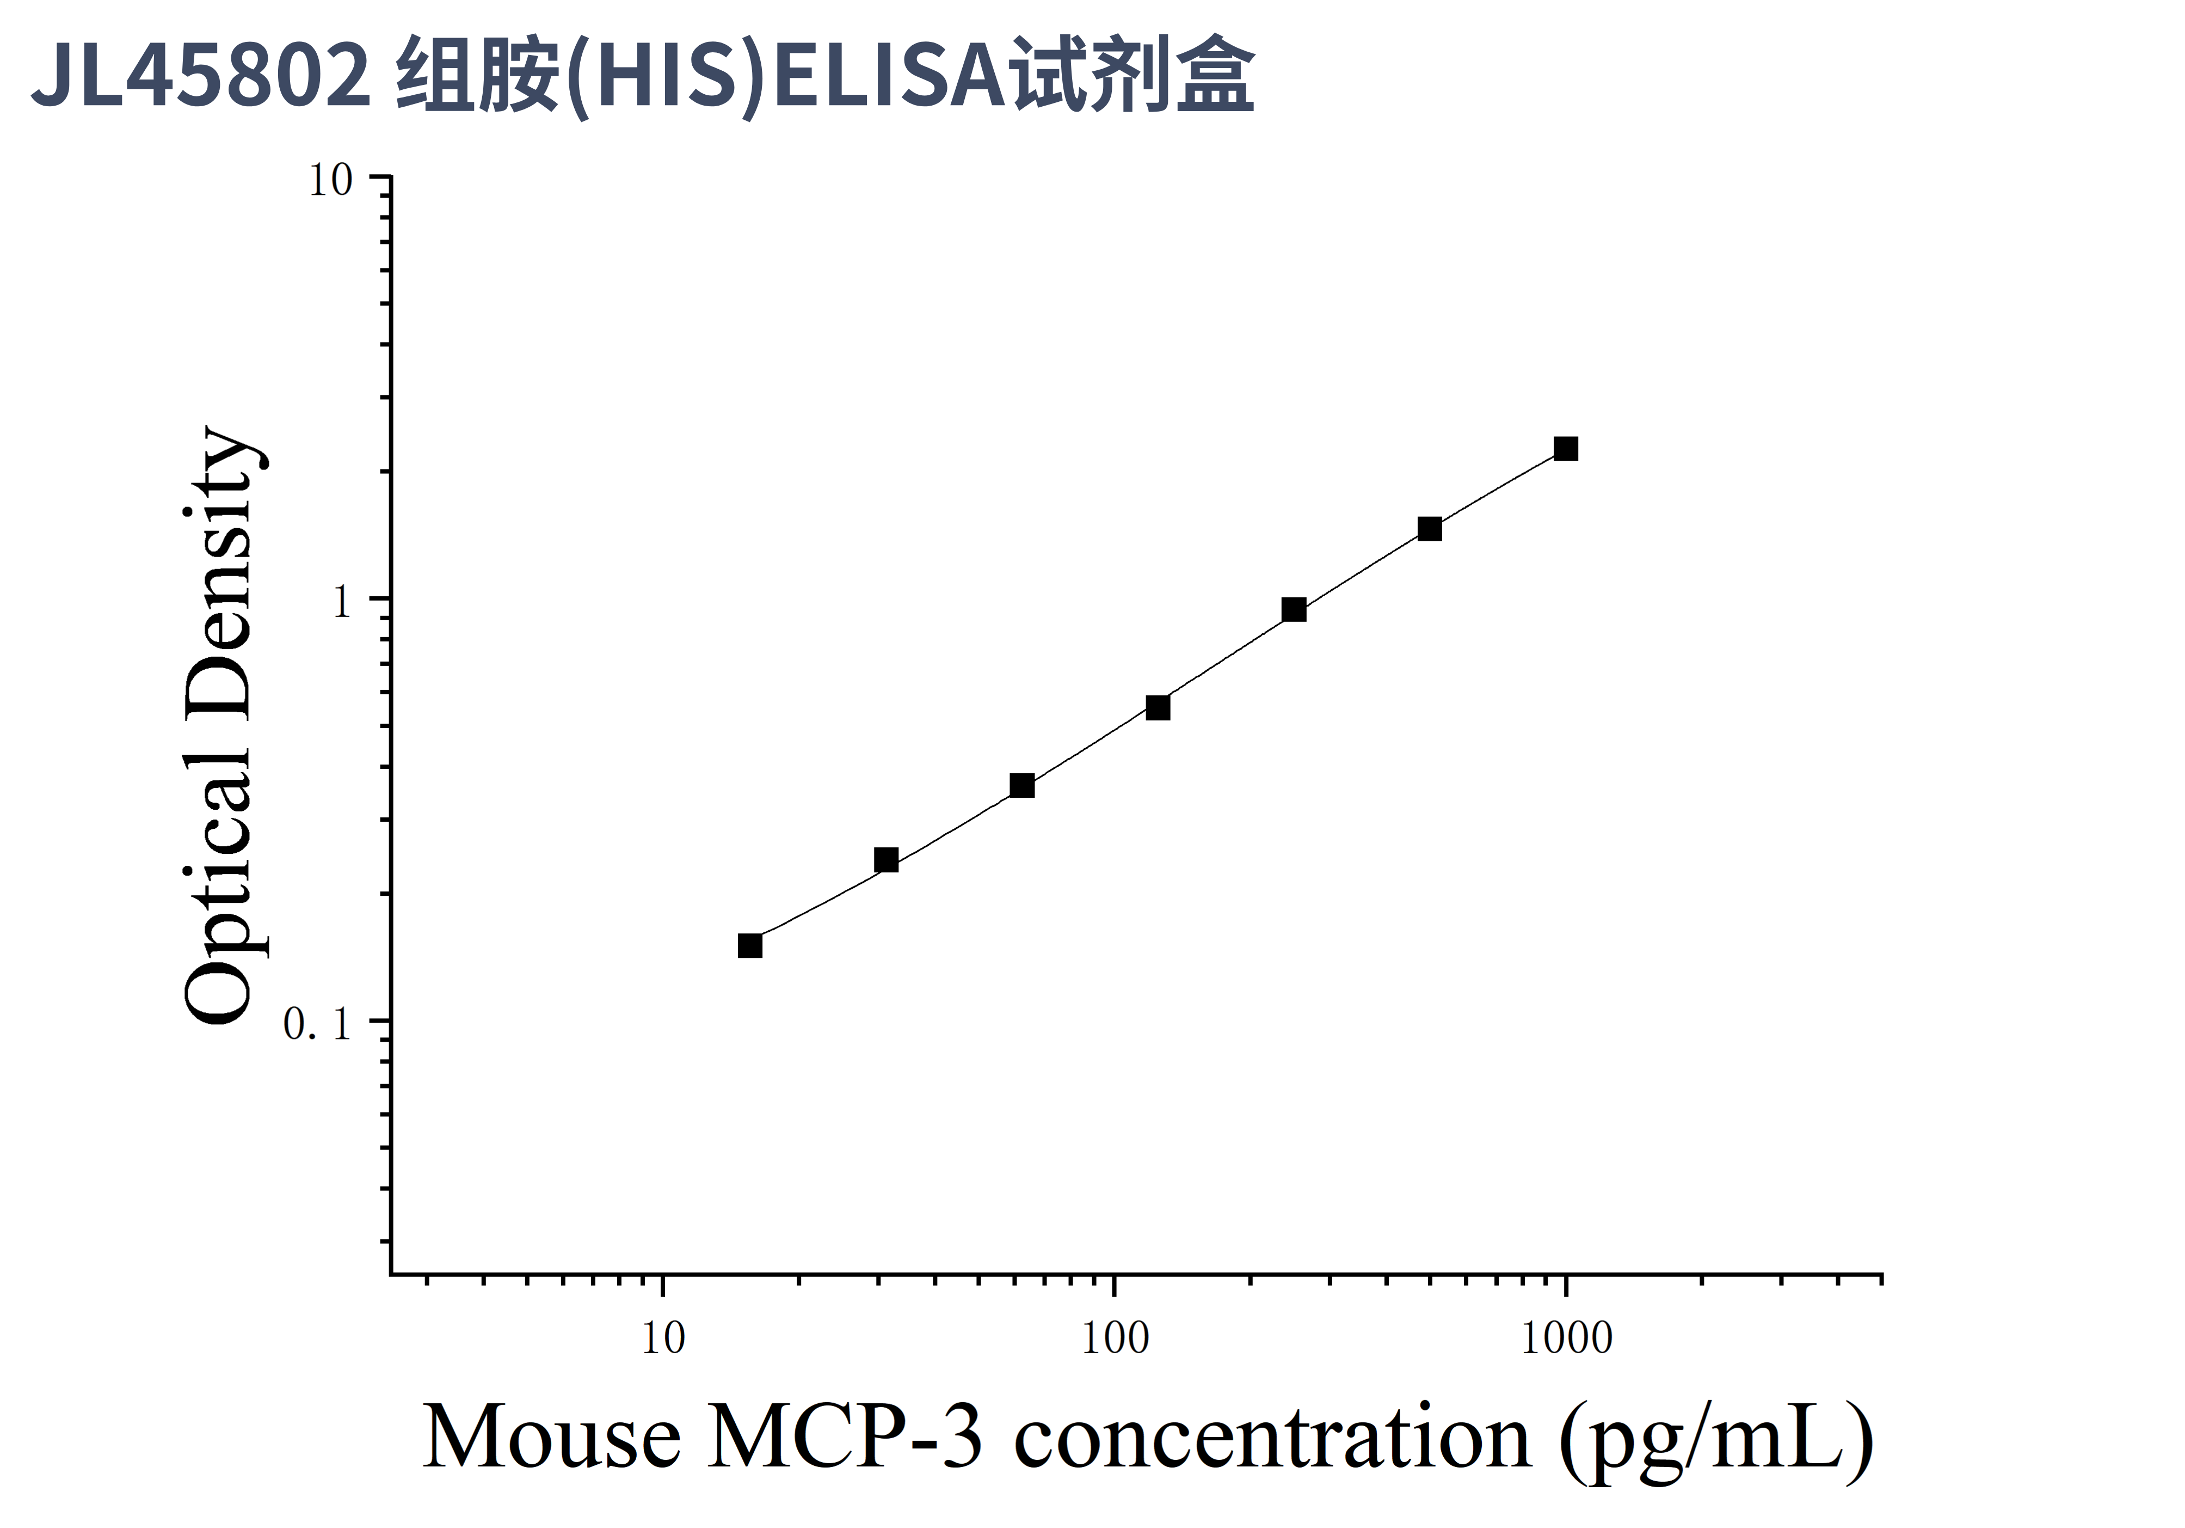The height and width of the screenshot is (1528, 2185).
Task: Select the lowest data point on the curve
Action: click(750, 945)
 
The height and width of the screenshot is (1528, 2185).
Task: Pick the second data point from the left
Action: click(886, 860)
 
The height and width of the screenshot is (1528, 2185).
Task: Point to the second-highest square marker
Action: click(1430, 528)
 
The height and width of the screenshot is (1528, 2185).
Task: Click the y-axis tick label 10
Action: click(330, 181)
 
